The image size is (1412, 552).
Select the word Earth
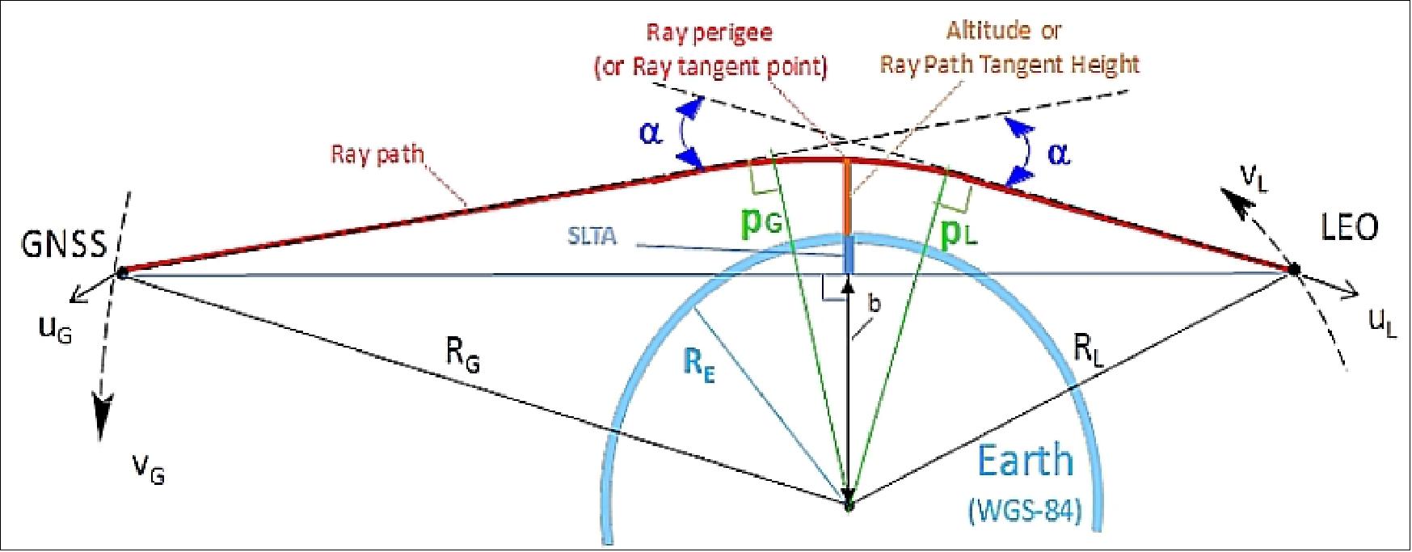click(x=1026, y=461)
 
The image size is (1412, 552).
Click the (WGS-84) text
click(x=1025, y=511)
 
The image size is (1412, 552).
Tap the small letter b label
click(x=874, y=304)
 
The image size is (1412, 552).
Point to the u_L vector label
click(x=1384, y=323)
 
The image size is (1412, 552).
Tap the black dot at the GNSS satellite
click(x=121, y=273)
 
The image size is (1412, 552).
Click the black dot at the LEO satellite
click(x=1293, y=269)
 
